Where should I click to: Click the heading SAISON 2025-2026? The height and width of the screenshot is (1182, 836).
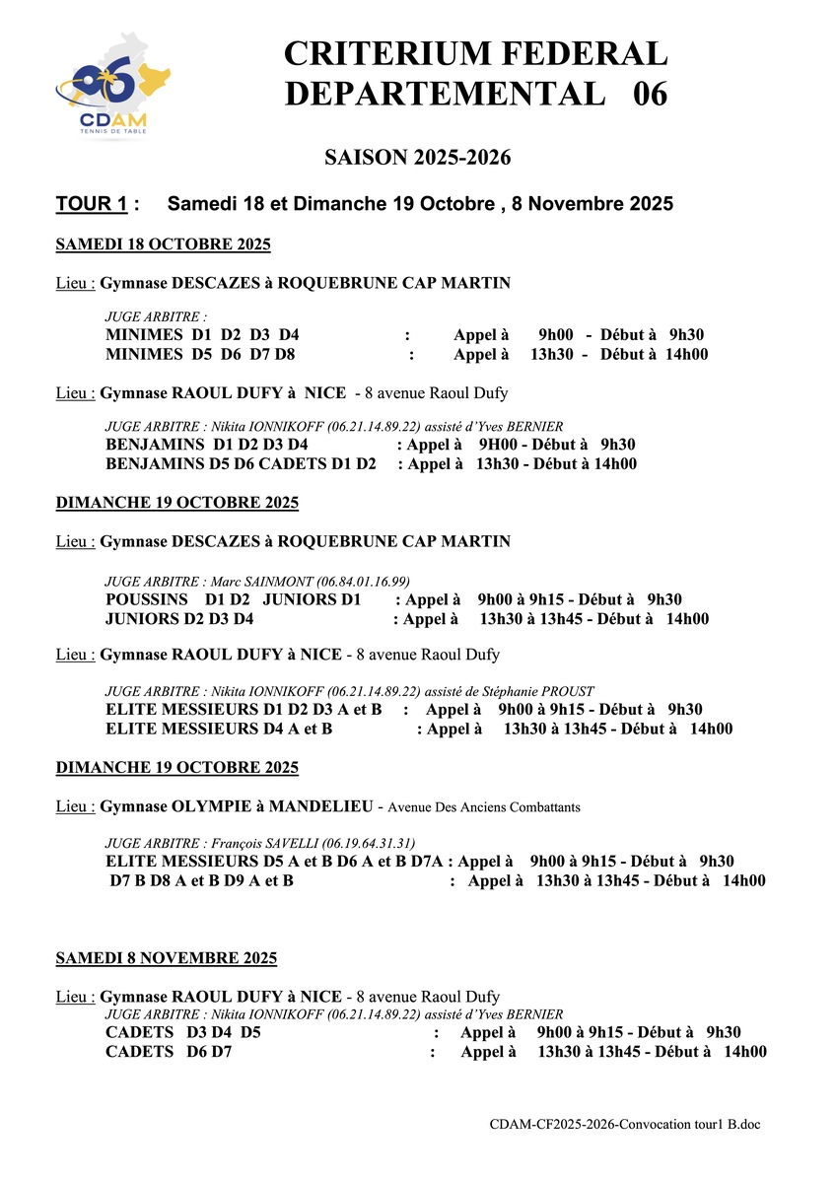(x=417, y=158)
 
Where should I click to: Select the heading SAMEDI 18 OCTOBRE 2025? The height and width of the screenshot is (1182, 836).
(x=164, y=244)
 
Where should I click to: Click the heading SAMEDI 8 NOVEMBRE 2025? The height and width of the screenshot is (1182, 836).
(x=167, y=958)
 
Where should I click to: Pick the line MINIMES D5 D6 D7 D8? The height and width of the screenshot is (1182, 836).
(x=200, y=355)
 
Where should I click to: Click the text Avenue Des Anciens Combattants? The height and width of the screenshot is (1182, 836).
(x=484, y=807)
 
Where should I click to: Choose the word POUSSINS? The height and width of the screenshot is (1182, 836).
(x=147, y=599)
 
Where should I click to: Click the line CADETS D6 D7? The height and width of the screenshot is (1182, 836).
(x=169, y=1053)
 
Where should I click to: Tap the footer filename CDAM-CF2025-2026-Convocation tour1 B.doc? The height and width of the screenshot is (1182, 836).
(x=625, y=1125)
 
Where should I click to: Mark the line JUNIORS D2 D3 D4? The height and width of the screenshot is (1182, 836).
(x=179, y=619)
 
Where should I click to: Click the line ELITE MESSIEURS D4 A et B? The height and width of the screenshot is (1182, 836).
(x=219, y=730)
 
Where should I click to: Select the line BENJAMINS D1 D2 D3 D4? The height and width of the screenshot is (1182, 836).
(x=207, y=445)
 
